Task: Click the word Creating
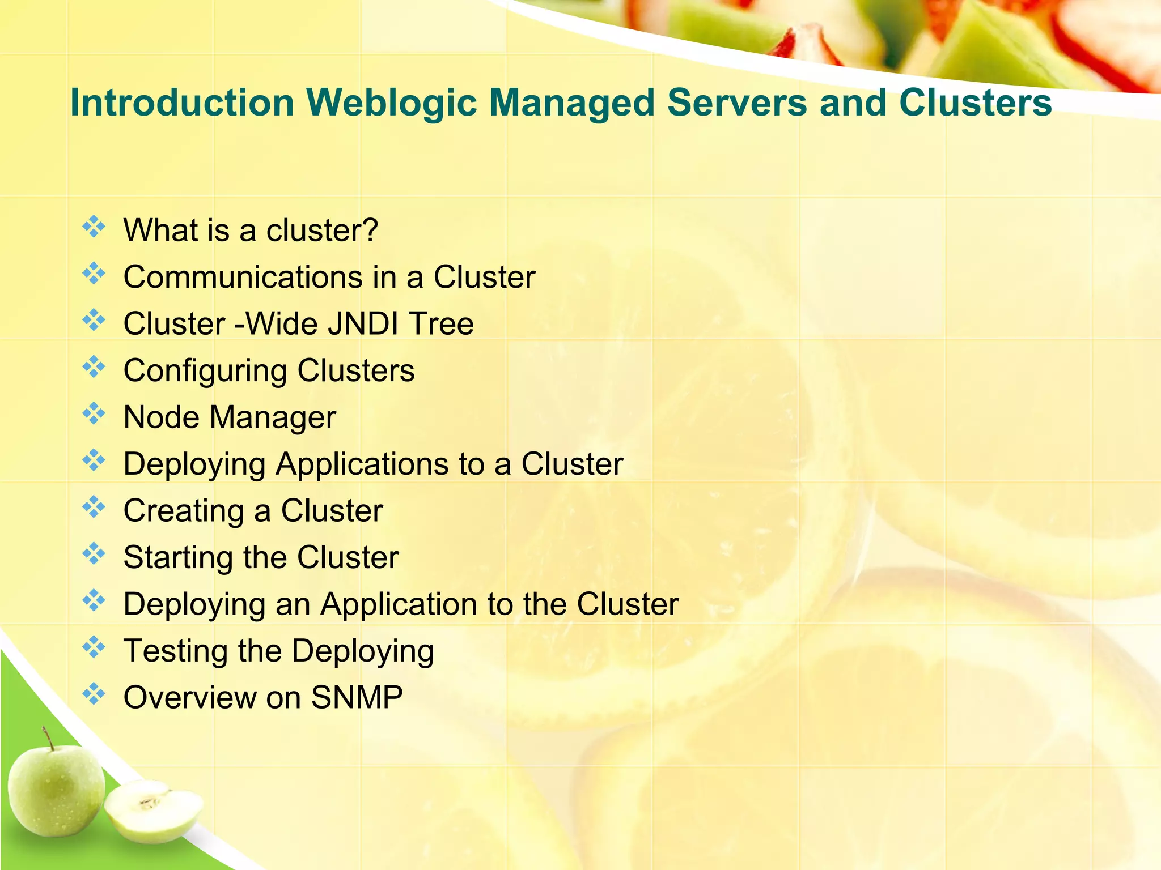[183, 511]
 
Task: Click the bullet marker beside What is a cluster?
[94, 227]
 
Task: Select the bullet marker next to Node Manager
[94, 413]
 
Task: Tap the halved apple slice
[153, 810]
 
